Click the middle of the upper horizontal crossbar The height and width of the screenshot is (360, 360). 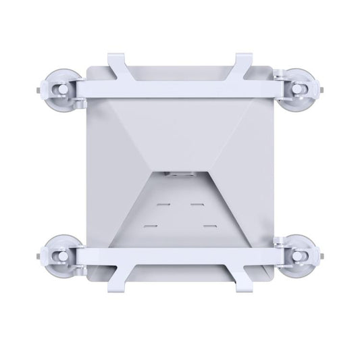179,86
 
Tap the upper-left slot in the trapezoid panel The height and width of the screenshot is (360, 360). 163,201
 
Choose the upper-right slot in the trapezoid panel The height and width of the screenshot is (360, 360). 197,201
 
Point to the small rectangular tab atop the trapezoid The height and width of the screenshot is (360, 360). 179,174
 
